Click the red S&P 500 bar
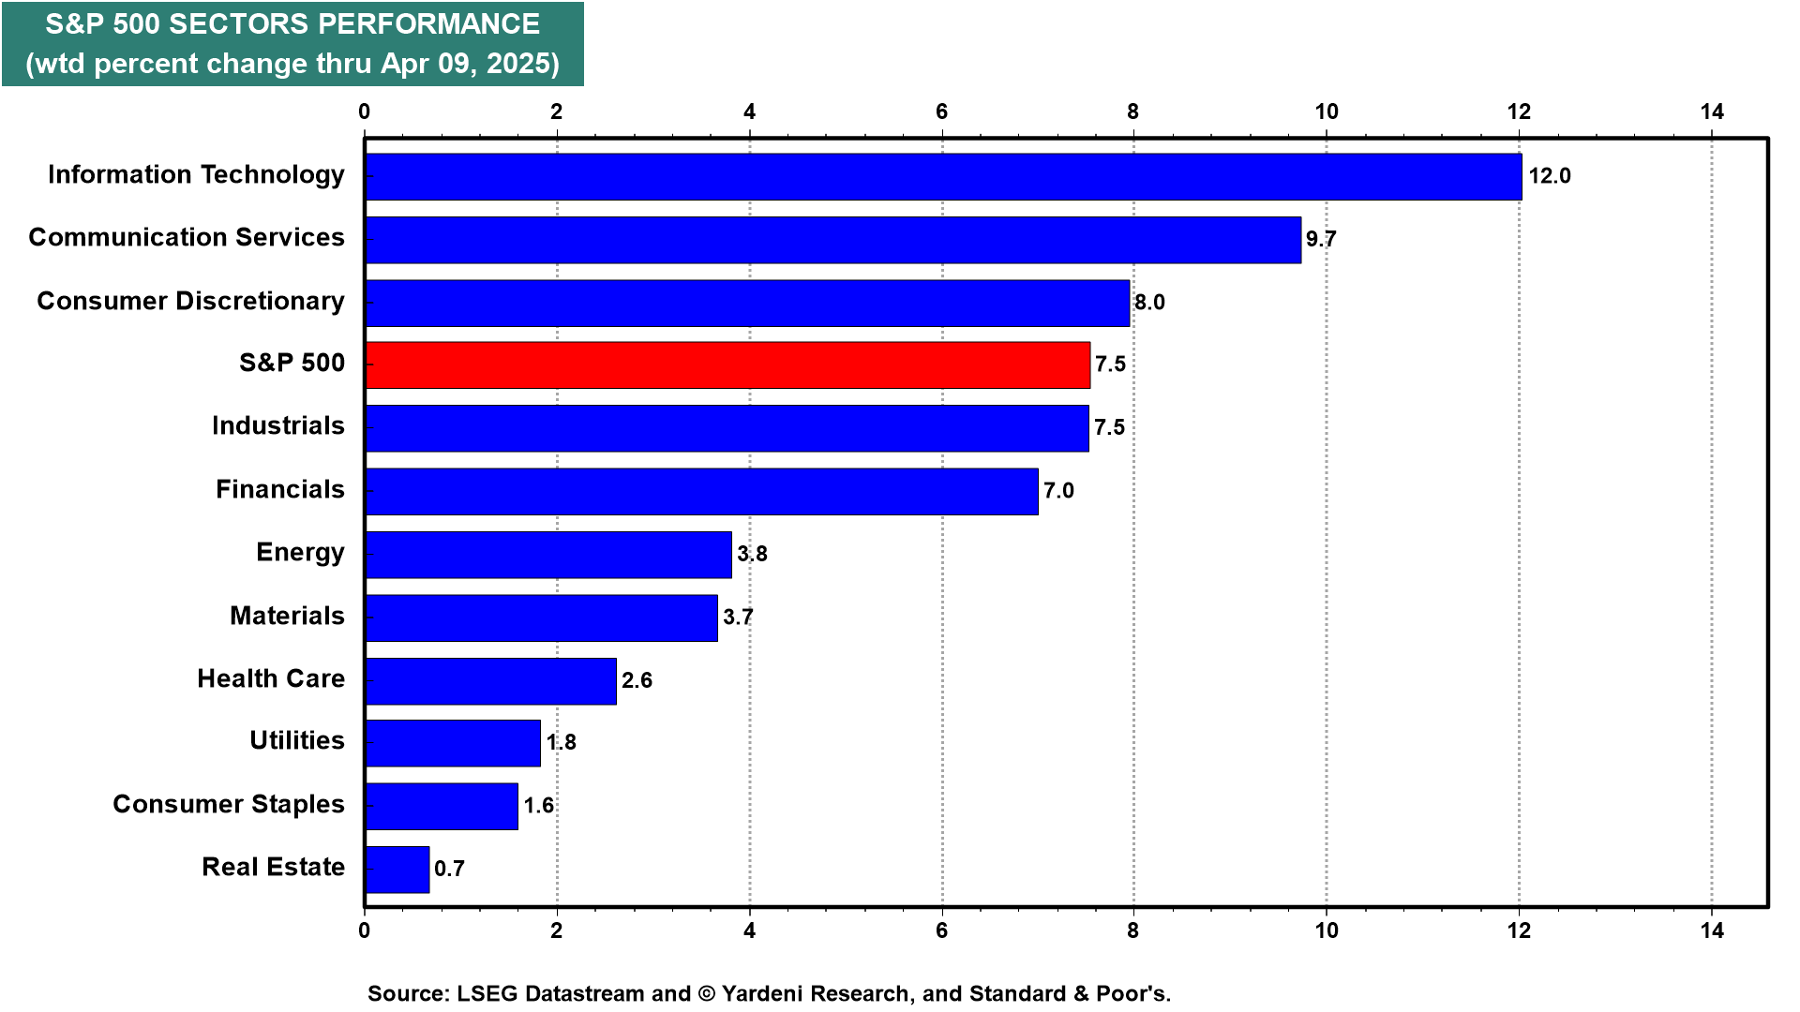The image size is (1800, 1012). [727, 365]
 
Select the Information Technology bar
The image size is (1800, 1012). [943, 177]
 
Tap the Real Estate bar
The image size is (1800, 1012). [397, 870]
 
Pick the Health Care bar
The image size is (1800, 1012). [491, 681]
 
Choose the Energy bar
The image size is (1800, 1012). [548, 555]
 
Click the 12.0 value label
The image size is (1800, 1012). [1550, 176]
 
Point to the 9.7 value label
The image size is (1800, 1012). [1321, 239]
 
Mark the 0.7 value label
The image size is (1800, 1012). [449, 869]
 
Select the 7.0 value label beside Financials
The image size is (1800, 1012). [1058, 490]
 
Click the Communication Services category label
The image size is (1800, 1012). [187, 237]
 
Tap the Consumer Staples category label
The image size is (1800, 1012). [229, 805]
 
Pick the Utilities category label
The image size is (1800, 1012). [297, 740]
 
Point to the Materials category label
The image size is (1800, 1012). [287, 616]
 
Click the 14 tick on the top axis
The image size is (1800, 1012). [1712, 112]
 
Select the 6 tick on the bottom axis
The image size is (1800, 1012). [941, 930]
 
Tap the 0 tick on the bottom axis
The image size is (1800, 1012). [365, 930]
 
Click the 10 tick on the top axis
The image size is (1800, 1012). [1327, 112]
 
